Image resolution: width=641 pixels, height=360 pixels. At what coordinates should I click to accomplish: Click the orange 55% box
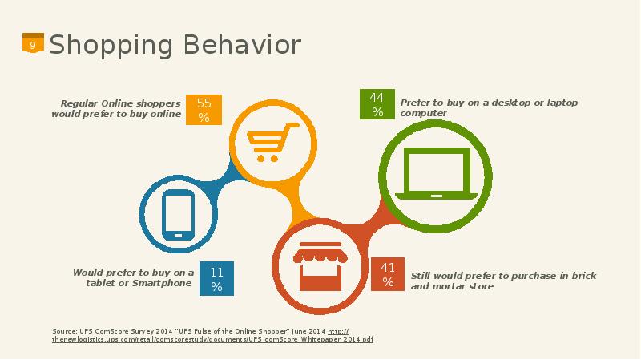coord(204,110)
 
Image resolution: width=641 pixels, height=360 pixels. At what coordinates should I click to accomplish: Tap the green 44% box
coord(377,104)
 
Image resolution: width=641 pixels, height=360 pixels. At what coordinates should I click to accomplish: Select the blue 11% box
coord(216,278)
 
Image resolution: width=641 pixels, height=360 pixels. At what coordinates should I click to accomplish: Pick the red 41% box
coord(388,274)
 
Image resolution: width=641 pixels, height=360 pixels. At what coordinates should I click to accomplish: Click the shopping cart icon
coord(272,142)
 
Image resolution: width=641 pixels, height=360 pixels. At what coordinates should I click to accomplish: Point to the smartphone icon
coord(178,215)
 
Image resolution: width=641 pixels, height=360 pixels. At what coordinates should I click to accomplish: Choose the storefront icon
coord(320,266)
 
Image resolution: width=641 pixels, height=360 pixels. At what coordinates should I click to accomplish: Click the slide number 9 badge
coord(33,43)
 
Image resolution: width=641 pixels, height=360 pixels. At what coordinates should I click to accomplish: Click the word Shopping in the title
coord(111,46)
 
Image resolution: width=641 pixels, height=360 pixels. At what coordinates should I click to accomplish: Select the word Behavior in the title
coord(242,45)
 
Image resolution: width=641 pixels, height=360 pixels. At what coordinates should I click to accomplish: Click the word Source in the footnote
coord(65,331)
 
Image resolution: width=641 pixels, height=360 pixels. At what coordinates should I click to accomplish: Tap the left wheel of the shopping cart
coord(260,158)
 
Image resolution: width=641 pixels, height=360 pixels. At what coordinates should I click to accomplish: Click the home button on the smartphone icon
coord(178,236)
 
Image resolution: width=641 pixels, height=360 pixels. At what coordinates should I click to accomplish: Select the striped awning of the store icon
coord(320,254)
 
